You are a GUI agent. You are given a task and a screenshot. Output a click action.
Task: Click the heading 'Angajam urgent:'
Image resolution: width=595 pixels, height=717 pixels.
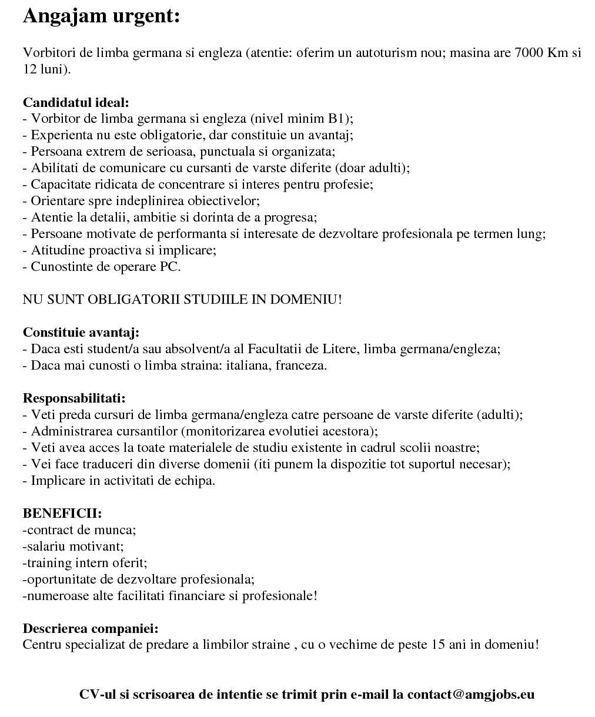[x=101, y=16]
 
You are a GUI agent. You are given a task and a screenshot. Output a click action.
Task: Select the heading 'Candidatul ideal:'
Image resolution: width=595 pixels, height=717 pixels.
[x=76, y=102]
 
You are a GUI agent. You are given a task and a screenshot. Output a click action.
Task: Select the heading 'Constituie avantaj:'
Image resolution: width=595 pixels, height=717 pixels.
[x=81, y=333]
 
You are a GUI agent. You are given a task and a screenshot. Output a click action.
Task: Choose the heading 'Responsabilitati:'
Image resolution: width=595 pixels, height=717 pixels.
[x=74, y=398]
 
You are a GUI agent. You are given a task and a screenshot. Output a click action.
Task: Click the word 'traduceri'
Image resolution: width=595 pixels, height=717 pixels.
[x=83, y=464]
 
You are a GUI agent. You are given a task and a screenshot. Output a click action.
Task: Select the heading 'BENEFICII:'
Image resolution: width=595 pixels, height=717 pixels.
[x=62, y=514]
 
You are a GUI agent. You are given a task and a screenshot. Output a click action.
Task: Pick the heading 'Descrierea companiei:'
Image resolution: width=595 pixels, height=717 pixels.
[x=91, y=629]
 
